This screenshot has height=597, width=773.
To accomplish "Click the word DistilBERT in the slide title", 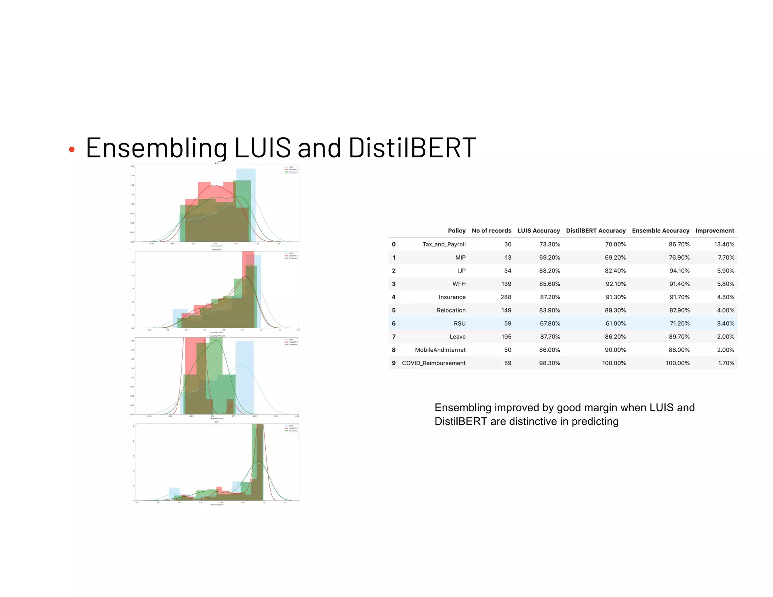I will (412, 147).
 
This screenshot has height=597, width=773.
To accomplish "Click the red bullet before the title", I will (72, 150).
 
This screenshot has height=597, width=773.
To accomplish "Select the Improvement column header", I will (714, 231).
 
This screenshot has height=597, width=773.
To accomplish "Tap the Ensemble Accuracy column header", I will (661, 231).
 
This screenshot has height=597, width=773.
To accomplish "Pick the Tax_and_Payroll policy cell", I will (444, 244).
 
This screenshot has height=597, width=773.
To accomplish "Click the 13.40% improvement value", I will (724, 244).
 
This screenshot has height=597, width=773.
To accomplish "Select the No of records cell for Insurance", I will (506, 297).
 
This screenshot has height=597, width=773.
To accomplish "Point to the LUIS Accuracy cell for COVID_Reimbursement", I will (549, 363).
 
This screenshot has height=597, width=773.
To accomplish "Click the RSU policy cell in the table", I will (459, 323).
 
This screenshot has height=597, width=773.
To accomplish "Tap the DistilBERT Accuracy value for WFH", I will (615, 284).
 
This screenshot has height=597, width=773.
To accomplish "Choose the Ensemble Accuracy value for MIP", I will (679, 257).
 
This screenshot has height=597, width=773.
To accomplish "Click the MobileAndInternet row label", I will (440, 350).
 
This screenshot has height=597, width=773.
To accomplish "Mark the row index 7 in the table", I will (394, 337).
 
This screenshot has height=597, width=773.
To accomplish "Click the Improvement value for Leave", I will (725, 337).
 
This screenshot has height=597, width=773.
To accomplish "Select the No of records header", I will (491, 231).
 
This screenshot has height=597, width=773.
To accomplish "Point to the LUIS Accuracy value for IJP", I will (549, 271).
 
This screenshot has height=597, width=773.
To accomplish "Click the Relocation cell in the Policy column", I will (451, 310).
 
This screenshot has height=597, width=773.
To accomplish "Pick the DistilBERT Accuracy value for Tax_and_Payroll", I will (615, 244).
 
